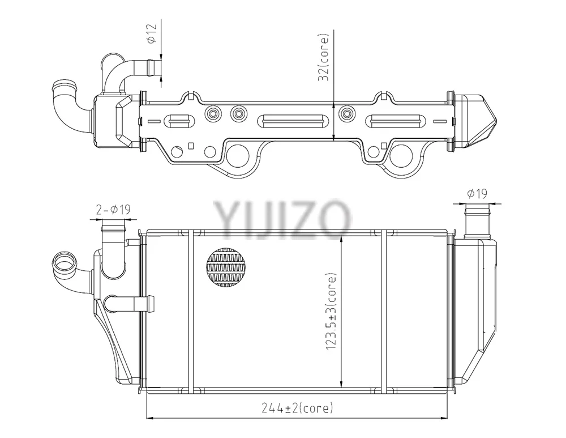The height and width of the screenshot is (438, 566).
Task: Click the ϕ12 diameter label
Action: click(x=152, y=33)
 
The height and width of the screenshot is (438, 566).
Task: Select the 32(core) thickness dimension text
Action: click(x=324, y=57)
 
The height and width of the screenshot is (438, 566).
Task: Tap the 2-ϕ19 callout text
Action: click(x=113, y=210)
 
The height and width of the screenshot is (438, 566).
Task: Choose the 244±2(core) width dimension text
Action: click(x=297, y=408)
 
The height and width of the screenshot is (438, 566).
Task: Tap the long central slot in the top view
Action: click(x=292, y=121)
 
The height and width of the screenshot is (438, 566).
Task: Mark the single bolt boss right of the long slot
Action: click(x=347, y=113)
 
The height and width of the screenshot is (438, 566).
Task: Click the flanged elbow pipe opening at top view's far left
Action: click(x=65, y=88)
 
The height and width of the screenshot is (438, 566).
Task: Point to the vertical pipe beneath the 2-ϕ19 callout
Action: click(x=113, y=249)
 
